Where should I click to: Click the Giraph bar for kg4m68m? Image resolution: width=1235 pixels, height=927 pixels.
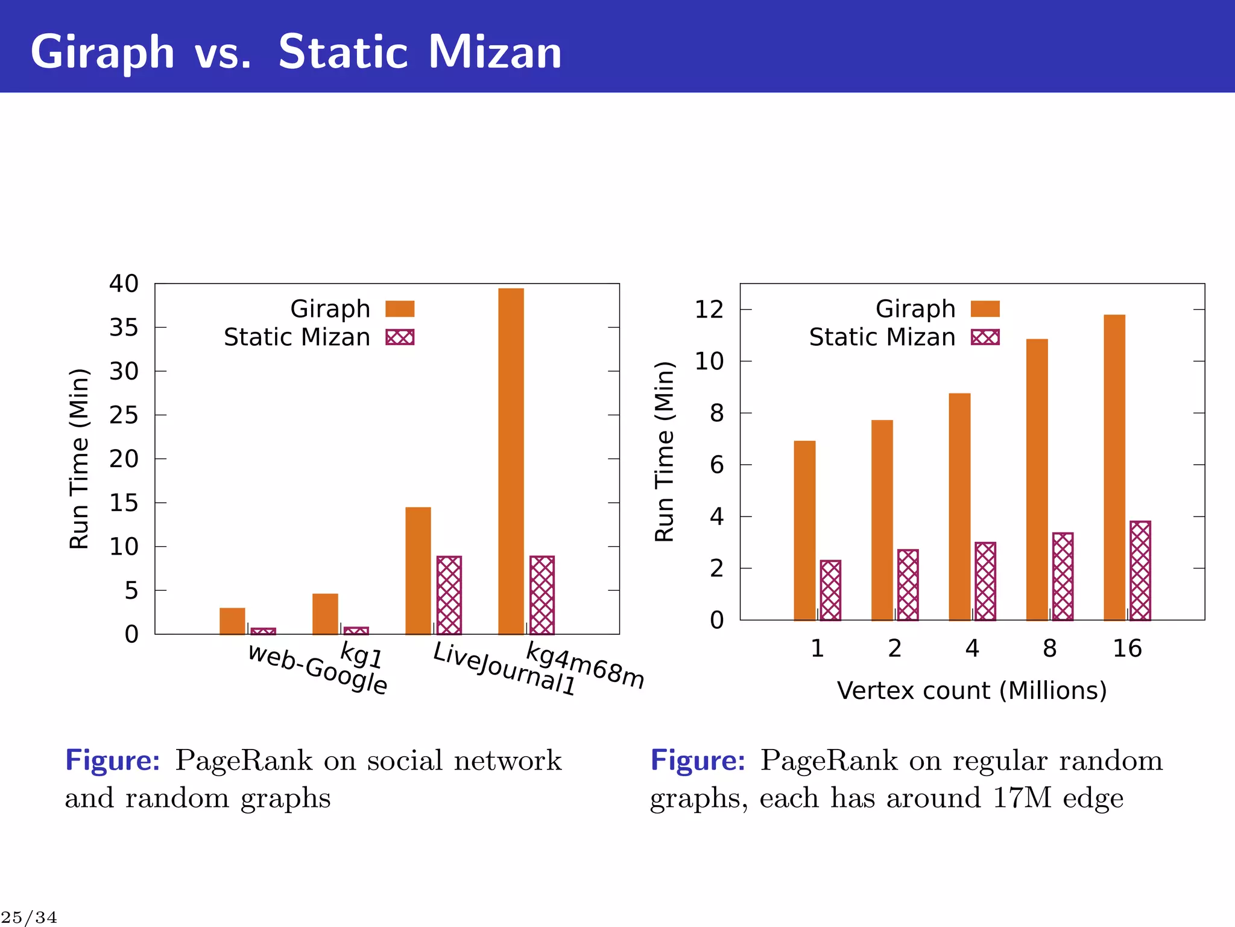click(511, 461)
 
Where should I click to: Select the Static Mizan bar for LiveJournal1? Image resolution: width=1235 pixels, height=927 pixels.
click(449, 595)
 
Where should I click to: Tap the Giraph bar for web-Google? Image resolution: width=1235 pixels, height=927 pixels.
click(232, 621)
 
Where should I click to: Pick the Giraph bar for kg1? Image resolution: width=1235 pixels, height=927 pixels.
click(325, 614)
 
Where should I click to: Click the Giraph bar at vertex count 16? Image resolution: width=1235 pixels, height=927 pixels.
click(1114, 467)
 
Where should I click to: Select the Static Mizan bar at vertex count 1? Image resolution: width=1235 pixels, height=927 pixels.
click(830, 590)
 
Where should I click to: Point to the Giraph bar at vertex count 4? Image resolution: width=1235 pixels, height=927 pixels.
click(959, 506)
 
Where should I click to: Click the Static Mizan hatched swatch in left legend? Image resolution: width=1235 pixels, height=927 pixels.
click(400, 337)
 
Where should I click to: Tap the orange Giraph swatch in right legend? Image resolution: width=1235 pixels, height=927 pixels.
click(985, 309)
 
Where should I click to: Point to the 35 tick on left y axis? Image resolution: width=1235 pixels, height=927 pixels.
click(124, 328)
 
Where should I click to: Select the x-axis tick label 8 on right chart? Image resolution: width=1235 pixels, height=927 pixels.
click(1050, 648)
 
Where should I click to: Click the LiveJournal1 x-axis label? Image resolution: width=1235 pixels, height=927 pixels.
click(504, 669)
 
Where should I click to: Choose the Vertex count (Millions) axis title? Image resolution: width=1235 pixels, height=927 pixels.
click(971, 690)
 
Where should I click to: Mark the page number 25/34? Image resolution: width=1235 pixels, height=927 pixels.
click(29, 917)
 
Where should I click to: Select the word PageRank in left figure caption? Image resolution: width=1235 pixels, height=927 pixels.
click(244, 760)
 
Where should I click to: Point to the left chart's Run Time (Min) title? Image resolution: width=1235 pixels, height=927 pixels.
click(79, 459)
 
